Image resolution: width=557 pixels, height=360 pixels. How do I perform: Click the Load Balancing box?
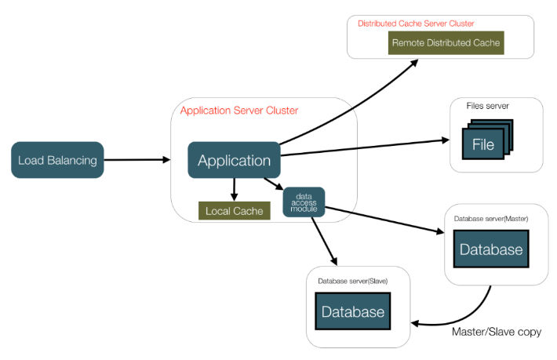click(x=57, y=160)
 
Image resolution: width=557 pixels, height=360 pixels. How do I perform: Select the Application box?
click(x=234, y=160)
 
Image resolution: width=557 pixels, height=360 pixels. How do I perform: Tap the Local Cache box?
click(x=234, y=211)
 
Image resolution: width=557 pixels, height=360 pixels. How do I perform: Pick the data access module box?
click(x=304, y=202)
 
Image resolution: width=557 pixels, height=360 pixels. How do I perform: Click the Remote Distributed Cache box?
click(x=446, y=42)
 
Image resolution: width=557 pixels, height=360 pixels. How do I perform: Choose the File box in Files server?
click(x=483, y=144)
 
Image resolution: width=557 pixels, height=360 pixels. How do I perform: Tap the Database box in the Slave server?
click(x=353, y=311)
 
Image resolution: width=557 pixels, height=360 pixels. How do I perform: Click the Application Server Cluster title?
click(x=239, y=111)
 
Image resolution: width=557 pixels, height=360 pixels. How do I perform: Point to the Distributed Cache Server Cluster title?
click(x=416, y=24)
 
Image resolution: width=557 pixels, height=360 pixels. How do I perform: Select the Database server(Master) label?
click(x=490, y=217)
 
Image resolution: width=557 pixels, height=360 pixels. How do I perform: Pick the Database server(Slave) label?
click(x=352, y=280)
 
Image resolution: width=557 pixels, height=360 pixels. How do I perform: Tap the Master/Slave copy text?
click(x=497, y=332)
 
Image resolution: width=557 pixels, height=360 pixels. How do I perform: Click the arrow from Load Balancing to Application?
click(x=137, y=160)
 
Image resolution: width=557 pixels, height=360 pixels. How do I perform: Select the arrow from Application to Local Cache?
click(x=234, y=187)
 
